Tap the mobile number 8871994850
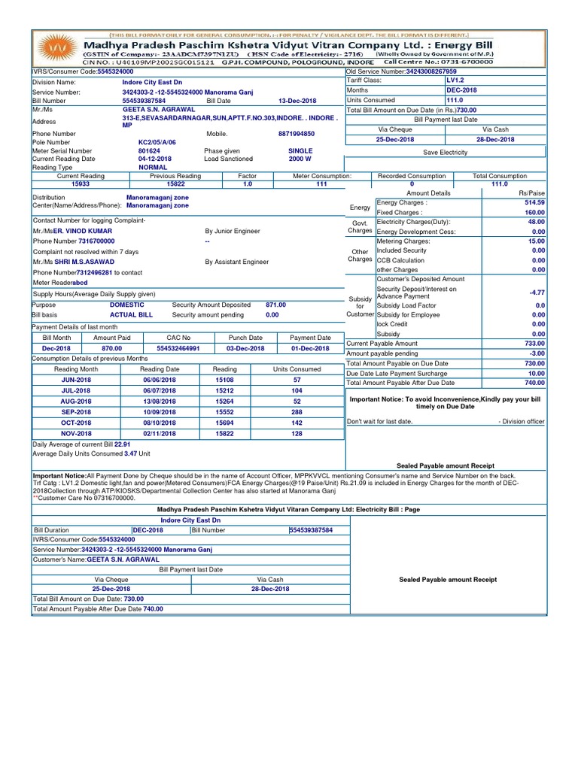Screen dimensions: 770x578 [297, 134]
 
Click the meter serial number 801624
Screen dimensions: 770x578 [148, 150]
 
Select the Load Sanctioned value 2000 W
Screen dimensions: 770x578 [300, 159]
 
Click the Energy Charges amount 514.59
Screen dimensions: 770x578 [534, 203]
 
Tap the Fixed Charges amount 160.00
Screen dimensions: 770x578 [534, 213]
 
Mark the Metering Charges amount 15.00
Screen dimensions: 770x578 [536, 241]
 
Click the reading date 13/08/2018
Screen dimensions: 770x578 [160, 402]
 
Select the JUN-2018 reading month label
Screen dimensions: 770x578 [76, 380]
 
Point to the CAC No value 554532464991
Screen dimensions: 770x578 [178, 349]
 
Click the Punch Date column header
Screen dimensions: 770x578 [245, 338]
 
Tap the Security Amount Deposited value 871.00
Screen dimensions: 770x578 [275, 305]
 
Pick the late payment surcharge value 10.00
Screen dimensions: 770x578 [536, 373]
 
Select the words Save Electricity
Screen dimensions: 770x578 [445, 153]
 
